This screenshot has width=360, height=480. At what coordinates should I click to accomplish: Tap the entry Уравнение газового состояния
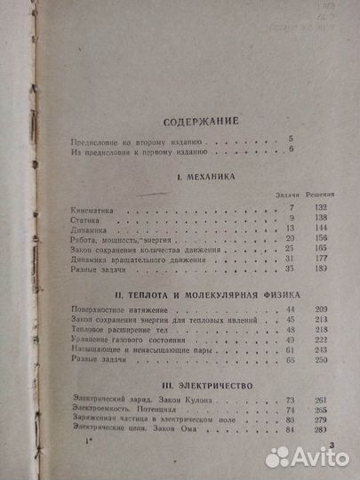[119, 340]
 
